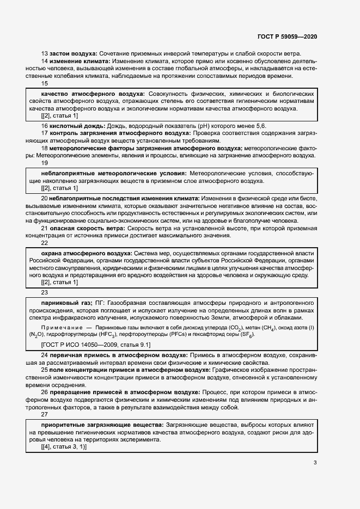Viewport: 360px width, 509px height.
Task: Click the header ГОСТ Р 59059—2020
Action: point(287,36)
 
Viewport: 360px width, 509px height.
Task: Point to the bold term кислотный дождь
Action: point(77,125)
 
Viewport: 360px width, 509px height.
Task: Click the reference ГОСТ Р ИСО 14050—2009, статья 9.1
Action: point(96,345)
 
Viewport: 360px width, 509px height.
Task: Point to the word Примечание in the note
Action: point(64,327)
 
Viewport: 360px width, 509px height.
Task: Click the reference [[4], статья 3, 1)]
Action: point(64,446)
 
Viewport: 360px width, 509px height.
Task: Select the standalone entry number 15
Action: point(45,84)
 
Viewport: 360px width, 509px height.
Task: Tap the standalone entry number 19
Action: point(45,163)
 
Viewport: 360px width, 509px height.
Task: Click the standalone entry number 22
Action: point(45,243)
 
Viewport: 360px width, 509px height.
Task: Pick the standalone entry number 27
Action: point(45,414)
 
